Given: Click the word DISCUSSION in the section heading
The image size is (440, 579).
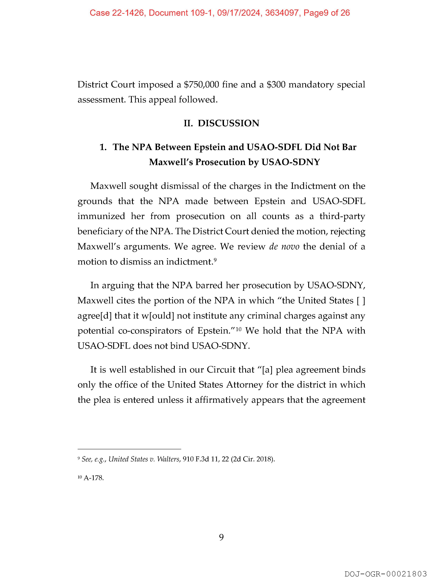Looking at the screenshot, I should tap(228, 123).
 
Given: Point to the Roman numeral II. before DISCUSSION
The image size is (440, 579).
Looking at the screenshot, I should tap(188, 123).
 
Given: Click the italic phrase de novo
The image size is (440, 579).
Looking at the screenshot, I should tap(284, 247).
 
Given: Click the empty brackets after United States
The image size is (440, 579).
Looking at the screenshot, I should tap(361, 300).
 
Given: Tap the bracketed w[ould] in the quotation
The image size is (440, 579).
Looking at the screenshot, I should tap(158, 316).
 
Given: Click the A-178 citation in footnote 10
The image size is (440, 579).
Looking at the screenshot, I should tap(94, 478).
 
